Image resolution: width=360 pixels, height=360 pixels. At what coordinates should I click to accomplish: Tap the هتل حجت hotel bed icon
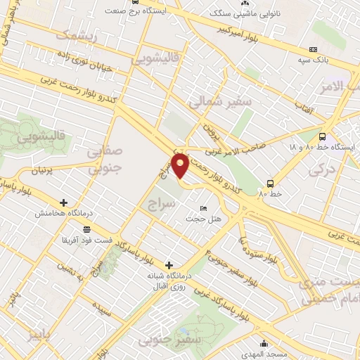[203, 209]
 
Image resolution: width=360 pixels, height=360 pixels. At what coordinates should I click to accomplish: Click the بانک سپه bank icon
[313, 49]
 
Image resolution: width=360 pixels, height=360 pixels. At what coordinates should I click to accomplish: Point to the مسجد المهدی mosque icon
[264, 344]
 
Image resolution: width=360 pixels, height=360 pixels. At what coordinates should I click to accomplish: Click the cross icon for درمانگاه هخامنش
[64, 202]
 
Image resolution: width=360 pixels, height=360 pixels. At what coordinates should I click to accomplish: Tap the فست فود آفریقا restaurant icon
[86, 229]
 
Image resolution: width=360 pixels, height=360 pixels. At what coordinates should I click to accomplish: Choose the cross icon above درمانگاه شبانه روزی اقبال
[168, 264]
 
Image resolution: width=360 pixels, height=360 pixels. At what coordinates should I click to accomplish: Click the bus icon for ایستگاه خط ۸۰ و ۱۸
[322, 137]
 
